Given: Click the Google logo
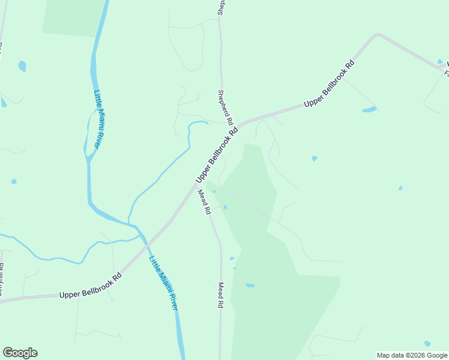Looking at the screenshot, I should (x=20, y=353).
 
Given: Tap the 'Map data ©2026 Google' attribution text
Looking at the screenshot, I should (x=412, y=355).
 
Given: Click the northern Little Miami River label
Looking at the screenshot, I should (x=98, y=120).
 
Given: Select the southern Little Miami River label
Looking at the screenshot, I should (x=164, y=283).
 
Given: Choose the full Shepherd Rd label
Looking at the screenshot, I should (x=225, y=107).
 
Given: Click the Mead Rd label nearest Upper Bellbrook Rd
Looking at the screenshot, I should (x=205, y=202).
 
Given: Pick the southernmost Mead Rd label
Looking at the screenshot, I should (x=220, y=295).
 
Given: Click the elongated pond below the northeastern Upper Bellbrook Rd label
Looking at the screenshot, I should (x=369, y=109).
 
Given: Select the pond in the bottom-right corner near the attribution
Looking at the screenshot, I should (x=427, y=344).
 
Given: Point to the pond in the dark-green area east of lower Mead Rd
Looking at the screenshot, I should (x=250, y=285).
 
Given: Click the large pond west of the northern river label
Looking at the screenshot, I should (x=22, y=65).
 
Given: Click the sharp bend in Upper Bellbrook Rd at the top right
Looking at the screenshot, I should (x=378, y=36).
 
